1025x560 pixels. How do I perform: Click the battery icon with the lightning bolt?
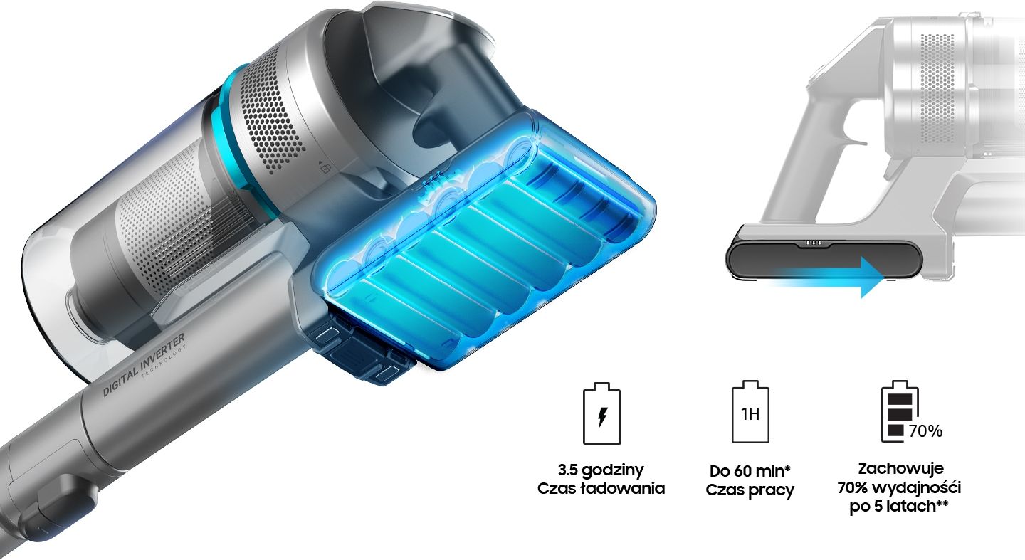point(601,413)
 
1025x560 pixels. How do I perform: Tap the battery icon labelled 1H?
point(750,412)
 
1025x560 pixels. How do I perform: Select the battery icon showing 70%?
point(900,411)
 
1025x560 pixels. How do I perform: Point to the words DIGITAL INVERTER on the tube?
point(144,364)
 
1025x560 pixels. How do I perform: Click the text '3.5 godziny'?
point(601,470)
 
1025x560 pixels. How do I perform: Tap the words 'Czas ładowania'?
point(601,488)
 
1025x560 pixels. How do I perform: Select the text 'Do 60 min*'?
point(750,471)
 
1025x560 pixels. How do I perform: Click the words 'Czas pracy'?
point(750,490)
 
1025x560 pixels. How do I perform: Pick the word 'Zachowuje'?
point(900,468)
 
